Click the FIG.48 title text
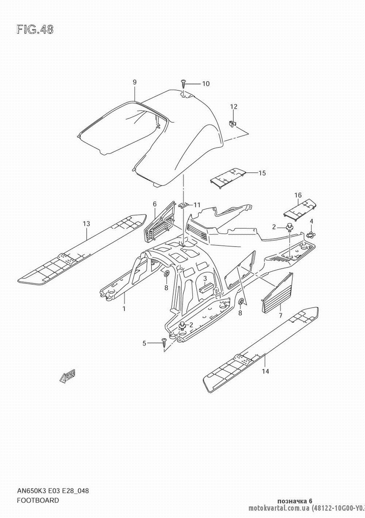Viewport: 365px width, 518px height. [x=35, y=30]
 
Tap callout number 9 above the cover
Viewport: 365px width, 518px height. [x=134, y=82]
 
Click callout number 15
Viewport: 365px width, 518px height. [x=262, y=173]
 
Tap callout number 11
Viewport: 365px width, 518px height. [x=197, y=205]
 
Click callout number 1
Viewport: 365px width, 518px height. [x=124, y=309]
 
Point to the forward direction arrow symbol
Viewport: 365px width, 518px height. [x=68, y=377]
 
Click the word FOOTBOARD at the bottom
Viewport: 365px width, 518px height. [x=38, y=500]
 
